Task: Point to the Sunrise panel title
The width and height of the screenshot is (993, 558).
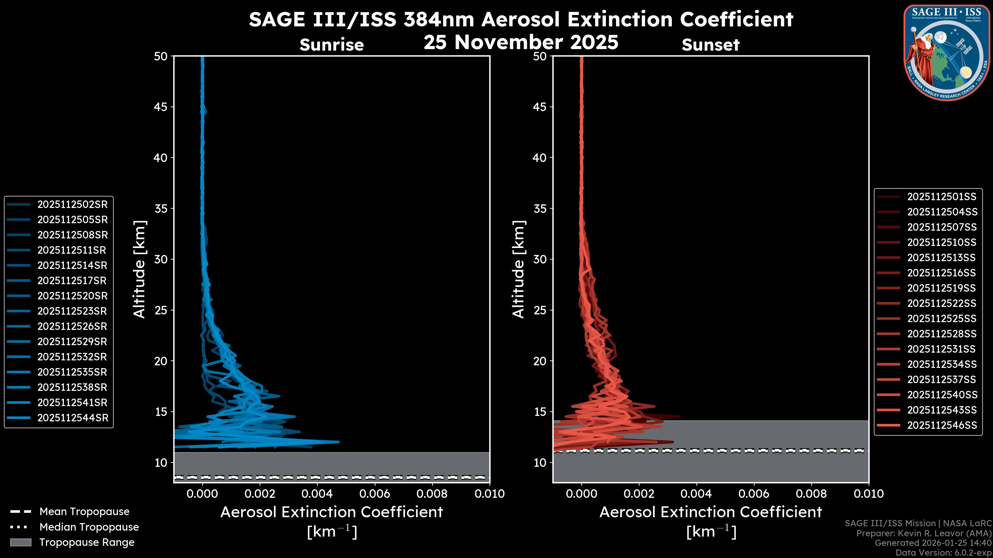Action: click(332, 45)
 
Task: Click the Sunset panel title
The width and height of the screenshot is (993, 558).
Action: click(710, 45)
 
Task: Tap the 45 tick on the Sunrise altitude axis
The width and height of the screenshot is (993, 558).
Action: click(161, 107)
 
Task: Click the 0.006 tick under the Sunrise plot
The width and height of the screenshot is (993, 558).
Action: click(374, 494)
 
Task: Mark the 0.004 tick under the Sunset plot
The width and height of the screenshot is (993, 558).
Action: click(696, 494)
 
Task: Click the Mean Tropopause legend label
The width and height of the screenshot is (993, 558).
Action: click(84, 512)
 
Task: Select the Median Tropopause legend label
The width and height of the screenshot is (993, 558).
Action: click(89, 527)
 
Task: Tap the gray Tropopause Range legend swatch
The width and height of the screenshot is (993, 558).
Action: click(20, 542)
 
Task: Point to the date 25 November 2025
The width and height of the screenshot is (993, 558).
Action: click(521, 42)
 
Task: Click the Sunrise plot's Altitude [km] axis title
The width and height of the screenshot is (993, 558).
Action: click(139, 269)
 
